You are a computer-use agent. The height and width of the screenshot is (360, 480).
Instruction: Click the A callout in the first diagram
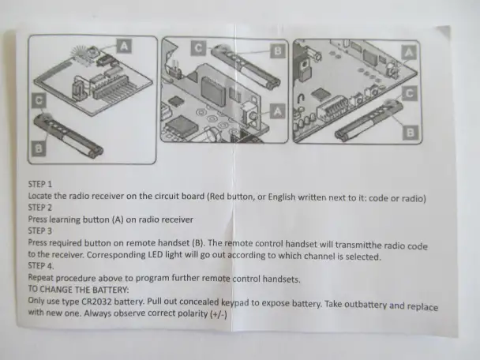tap(124, 46)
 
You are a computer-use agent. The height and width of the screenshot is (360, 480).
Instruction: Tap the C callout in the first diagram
tap(39, 101)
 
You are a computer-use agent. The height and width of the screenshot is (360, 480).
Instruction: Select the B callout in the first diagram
tap(39, 149)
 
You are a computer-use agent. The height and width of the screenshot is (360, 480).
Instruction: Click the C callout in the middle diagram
tap(198, 48)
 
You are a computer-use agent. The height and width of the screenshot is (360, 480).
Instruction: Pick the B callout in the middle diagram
tap(278, 51)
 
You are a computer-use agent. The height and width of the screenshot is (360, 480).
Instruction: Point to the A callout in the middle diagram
tap(278, 111)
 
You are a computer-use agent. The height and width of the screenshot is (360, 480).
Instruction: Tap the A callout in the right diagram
tap(409, 53)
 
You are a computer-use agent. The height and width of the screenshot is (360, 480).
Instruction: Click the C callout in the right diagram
tap(410, 93)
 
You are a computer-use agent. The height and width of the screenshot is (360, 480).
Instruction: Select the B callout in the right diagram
tap(411, 133)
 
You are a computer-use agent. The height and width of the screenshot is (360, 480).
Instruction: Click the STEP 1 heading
tap(40, 184)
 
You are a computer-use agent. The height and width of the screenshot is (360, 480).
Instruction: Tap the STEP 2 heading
tap(40, 208)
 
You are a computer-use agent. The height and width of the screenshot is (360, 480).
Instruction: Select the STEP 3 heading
tap(40, 231)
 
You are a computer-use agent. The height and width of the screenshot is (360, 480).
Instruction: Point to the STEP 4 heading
tap(41, 266)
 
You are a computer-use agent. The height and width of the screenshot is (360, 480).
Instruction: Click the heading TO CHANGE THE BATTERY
tap(78, 289)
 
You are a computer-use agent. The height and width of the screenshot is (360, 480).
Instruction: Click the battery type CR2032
tap(96, 302)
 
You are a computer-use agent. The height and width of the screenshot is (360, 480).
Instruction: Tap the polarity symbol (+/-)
tap(219, 314)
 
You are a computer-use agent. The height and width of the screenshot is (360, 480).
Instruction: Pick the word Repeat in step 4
tap(41, 278)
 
